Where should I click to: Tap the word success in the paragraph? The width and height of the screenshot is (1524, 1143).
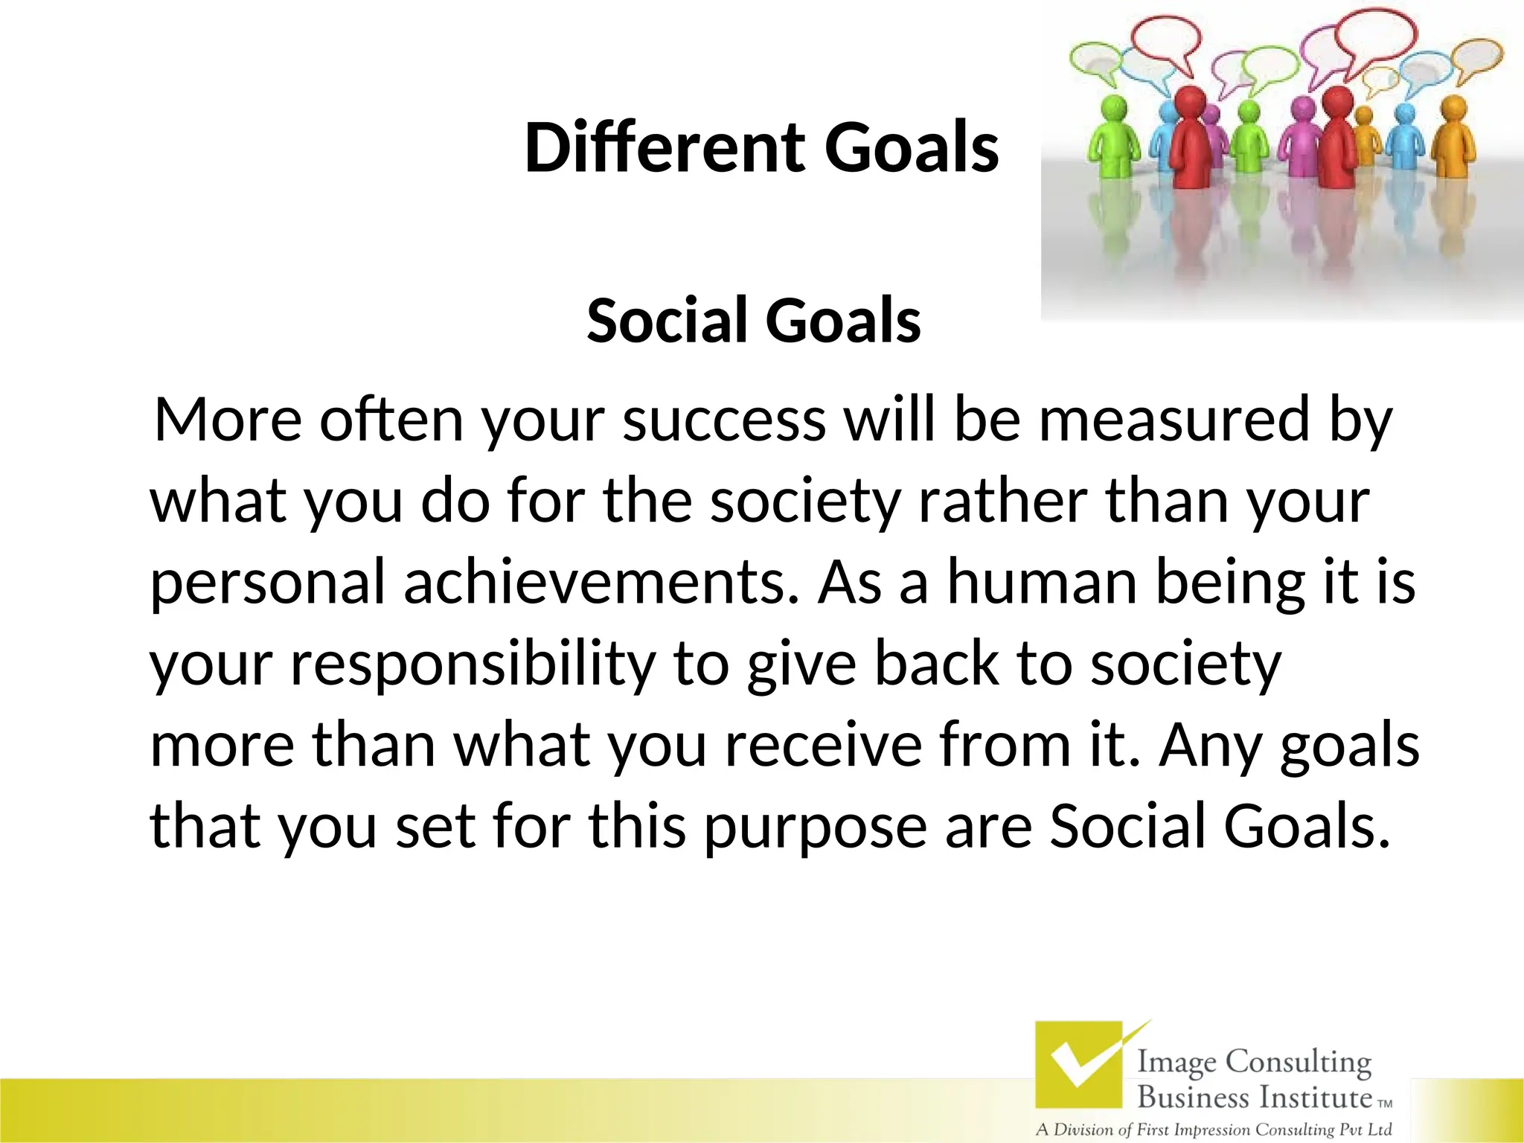(724, 420)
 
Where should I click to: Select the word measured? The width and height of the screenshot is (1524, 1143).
(1174, 420)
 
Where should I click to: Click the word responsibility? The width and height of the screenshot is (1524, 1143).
(473, 664)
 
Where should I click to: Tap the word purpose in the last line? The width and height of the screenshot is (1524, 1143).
(816, 827)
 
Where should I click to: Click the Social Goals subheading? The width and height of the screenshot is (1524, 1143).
(753, 321)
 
